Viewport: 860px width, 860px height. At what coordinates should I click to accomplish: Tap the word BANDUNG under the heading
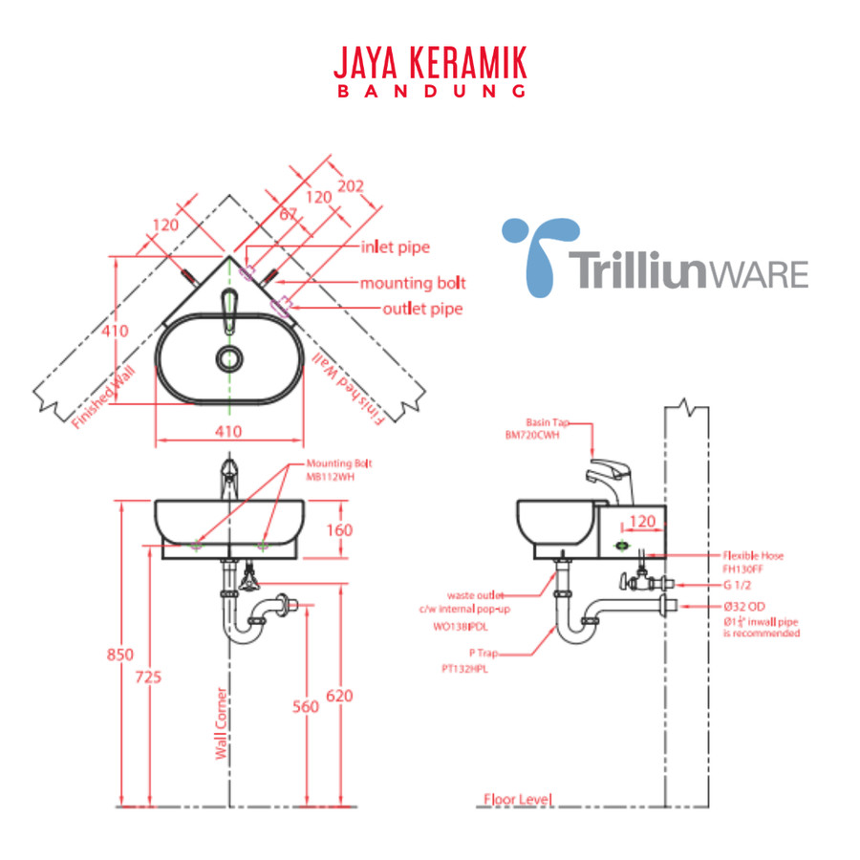(430, 93)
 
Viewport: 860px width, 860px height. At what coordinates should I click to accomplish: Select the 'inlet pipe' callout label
(395, 247)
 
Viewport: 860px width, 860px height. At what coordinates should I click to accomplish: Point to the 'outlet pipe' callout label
(422, 309)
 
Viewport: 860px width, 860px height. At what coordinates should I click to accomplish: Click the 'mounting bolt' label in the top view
(413, 283)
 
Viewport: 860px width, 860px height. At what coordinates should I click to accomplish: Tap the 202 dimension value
(351, 185)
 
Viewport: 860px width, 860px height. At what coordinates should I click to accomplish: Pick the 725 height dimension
(148, 677)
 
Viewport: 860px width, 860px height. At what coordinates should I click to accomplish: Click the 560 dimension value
(305, 707)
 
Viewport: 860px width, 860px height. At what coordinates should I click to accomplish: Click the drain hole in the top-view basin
(228, 358)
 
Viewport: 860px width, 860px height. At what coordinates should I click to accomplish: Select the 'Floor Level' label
(518, 799)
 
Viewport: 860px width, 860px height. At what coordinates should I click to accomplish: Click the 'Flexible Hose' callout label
(752, 554)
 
